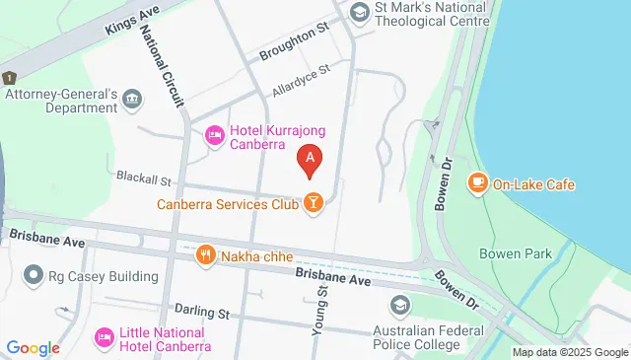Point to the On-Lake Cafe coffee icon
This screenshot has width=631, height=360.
point(477,182)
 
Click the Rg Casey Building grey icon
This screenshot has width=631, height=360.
point(35,275)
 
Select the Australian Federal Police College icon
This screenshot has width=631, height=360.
point(399,305)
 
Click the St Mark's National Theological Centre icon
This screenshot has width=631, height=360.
point(359,12)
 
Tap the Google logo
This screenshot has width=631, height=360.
point(33,347)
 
